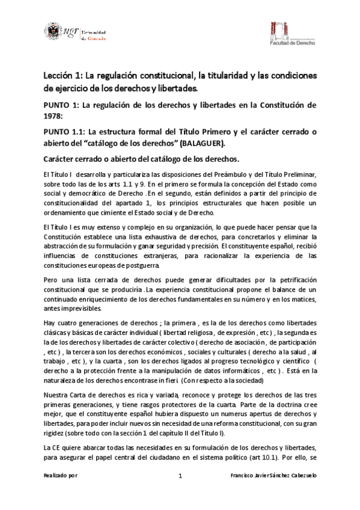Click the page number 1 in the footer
pos(180,476)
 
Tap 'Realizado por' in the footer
pos(61,476)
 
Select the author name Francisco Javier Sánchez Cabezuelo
pos(273,476)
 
